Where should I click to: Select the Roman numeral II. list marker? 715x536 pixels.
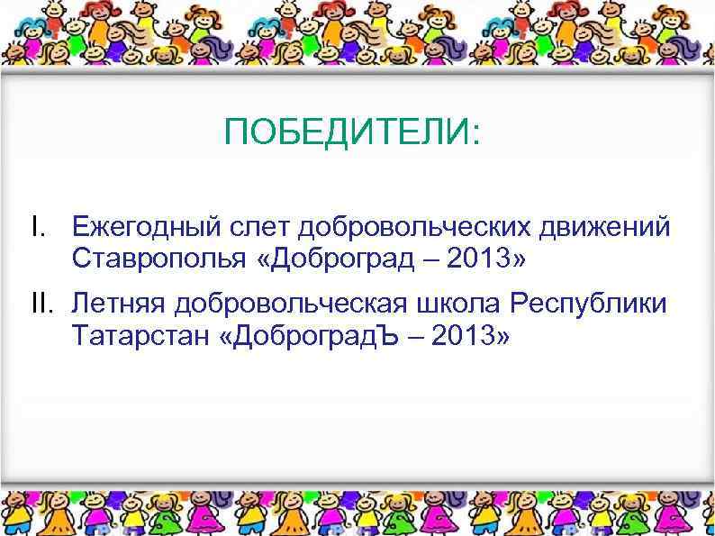pos(41,304)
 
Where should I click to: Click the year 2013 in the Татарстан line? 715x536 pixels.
pos(470,336)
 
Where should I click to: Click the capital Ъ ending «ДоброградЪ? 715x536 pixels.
pos(392,336)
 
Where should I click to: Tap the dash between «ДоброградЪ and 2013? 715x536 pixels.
pos(417,338)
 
